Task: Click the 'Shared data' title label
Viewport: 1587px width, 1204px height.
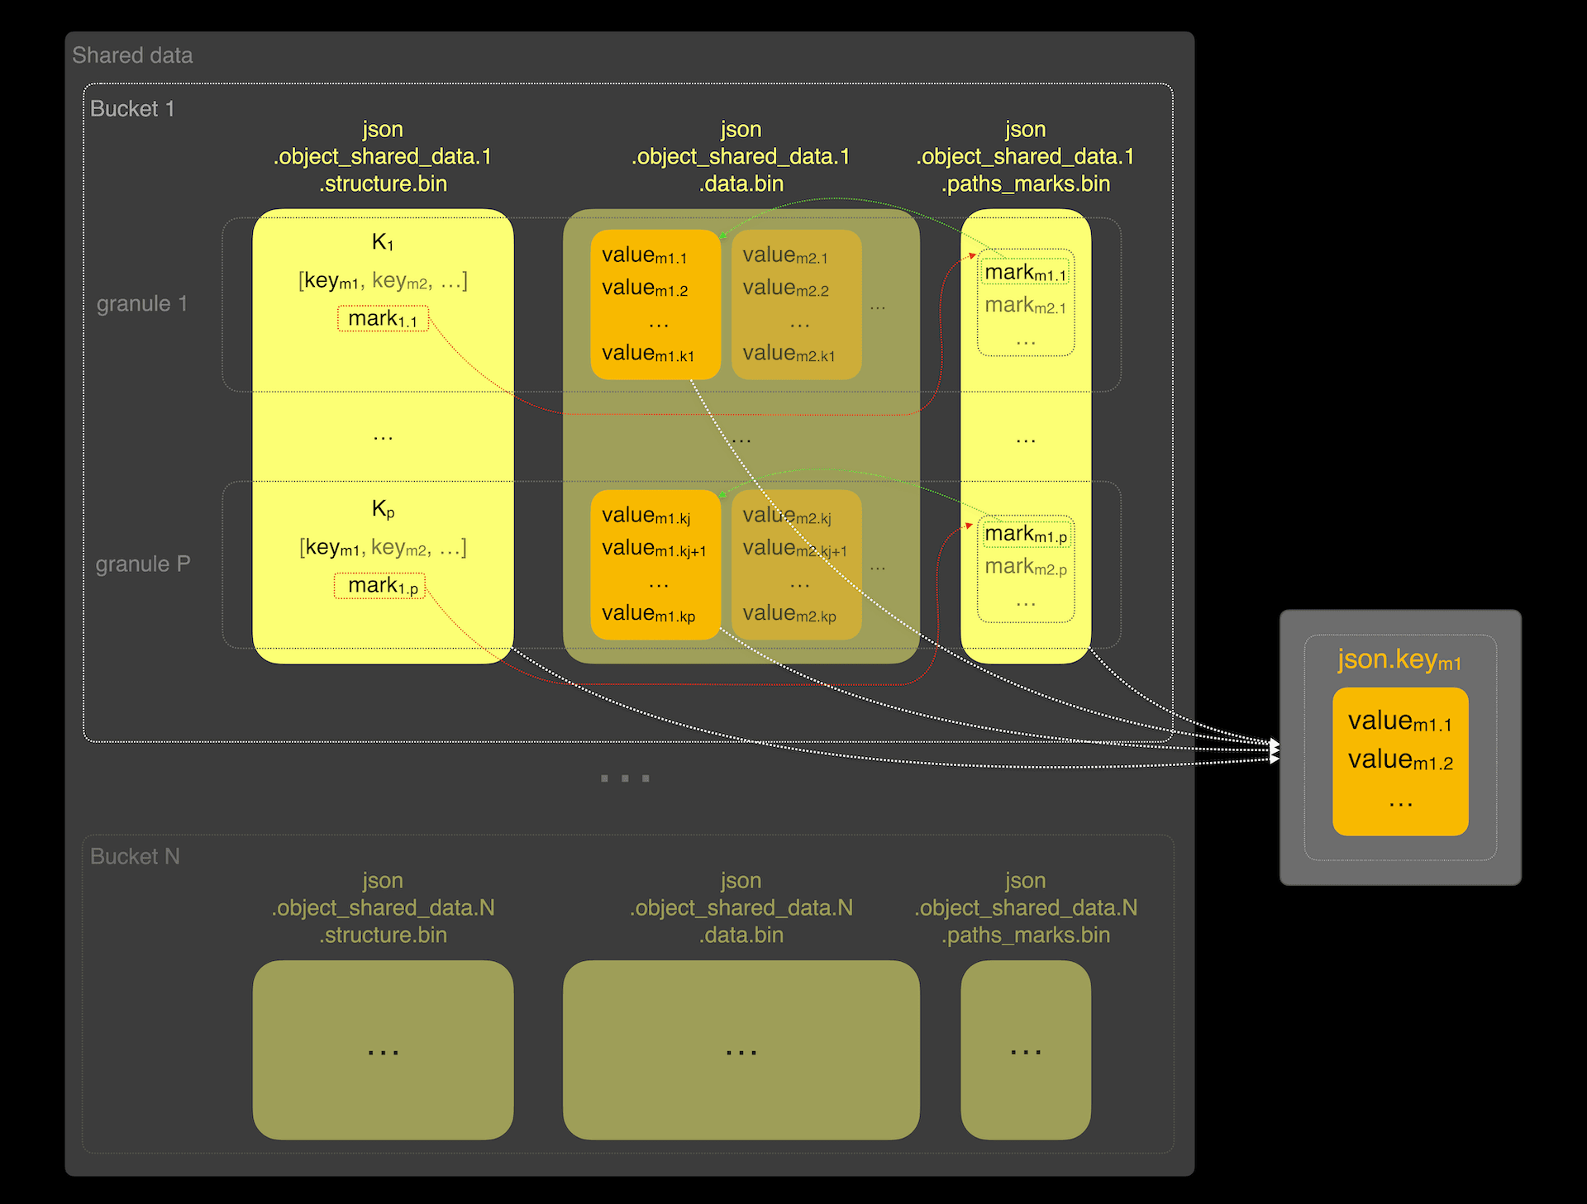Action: coord(132,55)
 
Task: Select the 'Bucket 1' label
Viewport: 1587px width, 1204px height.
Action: coord(132,109)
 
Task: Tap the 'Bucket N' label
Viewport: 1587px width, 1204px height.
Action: coord(135,857)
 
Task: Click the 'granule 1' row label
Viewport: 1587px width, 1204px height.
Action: coord(142,304)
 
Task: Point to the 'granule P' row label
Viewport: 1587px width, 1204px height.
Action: coord(143,564)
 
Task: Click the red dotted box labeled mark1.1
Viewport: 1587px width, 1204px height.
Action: coord(383,319)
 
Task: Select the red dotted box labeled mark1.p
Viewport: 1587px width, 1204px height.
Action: coord(380,586)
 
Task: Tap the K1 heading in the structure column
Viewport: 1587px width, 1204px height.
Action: coord(383,242)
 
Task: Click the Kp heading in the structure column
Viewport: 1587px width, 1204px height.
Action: coord(383,509)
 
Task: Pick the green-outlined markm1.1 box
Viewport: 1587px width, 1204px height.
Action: coord(1026,273)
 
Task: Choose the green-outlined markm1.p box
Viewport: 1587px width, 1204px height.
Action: coord(1026,535)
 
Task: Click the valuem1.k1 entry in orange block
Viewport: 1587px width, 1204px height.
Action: coord(648,354)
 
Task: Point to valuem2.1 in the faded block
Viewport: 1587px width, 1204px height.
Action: coord(785,255)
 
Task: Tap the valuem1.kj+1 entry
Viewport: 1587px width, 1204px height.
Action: coord(654,548)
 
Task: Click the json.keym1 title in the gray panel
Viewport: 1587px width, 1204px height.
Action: coord(1399,660)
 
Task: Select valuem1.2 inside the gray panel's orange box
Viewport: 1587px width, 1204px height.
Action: coord(1400,760)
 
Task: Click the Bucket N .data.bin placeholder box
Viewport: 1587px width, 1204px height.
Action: coord(741,1049)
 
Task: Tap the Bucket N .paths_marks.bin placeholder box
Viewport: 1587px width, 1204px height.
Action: coord(1025,1049)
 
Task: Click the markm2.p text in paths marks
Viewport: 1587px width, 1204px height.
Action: coord(1026,567)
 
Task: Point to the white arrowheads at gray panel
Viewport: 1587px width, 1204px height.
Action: coord(1275,750)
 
